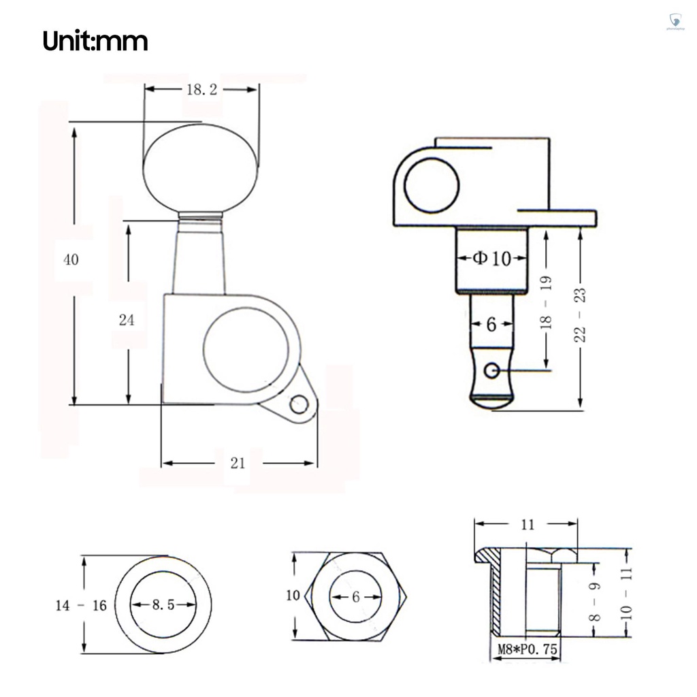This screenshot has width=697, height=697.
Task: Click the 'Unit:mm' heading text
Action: [x=95, y=42]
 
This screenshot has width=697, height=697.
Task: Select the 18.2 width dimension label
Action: [x=201, y=90]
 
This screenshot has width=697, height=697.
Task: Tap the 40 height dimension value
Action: [x=71, y=259]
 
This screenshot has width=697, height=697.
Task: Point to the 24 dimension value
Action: [x=127, y=320]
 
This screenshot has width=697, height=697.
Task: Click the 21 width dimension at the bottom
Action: [x=238, y=464]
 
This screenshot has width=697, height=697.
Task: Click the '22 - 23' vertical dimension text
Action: [x=581, y=314]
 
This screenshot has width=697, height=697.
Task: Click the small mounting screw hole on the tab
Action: [x=297, y=405]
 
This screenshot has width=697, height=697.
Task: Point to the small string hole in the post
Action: [x=492, y=370]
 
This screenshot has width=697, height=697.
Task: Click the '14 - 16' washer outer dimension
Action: [x=81, y=605]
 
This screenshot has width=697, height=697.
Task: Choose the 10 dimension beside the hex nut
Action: [x=293, y=596]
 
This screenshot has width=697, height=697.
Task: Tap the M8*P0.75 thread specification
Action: [x=525, y=650]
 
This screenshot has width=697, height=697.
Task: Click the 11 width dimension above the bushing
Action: [x=528, y=524]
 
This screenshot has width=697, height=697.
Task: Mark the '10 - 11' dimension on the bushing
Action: [x=626, y=591]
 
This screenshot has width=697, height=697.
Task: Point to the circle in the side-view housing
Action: [x=432, y=185]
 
